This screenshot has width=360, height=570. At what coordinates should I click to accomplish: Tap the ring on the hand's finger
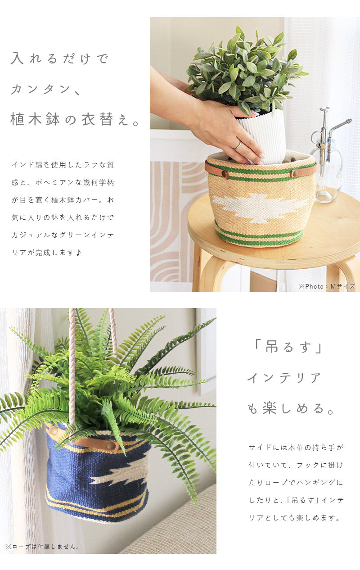[238, 145]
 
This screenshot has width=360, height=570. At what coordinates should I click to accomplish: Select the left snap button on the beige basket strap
[225, 174]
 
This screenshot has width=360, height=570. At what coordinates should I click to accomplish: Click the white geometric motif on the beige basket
[260, 208]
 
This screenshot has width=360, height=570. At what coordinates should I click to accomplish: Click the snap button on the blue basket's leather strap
[111, 446]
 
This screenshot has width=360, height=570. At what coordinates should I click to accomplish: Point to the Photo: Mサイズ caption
[327, 286]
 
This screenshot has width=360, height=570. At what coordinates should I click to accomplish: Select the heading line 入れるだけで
[60, 59]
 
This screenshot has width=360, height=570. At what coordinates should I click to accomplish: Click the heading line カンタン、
[46, 89]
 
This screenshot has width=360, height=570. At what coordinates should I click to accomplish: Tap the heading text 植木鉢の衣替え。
[75, 119]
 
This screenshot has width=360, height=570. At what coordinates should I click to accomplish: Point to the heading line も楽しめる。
[291, 408]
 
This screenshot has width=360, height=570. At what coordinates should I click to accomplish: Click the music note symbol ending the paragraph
[79, 253]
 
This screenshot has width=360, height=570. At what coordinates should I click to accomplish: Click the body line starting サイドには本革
[296, 448]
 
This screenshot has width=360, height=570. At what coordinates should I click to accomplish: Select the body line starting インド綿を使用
[63, 165]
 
